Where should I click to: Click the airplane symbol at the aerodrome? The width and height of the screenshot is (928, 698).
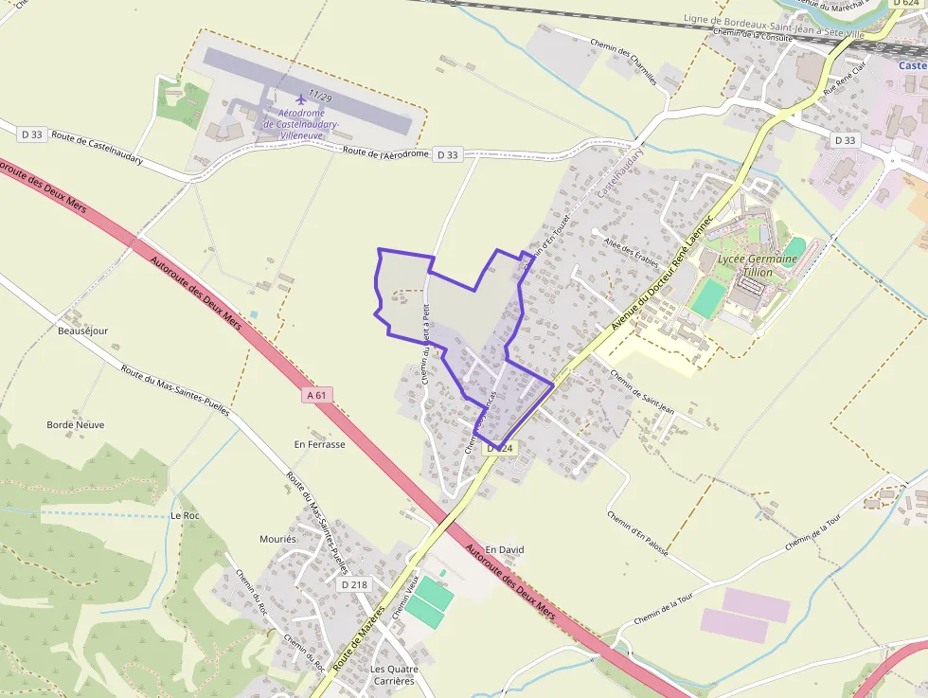tap(302, 98)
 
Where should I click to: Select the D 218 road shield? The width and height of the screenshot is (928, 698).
tap(353, 584)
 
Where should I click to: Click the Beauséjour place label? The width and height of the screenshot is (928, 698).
tap(83, 331)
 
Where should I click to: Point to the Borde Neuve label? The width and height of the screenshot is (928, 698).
tap(76, 425)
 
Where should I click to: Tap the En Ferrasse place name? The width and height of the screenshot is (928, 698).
tap(320, 444)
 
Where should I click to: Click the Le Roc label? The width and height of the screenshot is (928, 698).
tap(185, 516)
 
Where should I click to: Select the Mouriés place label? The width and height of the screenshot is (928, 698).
tap(278, 539)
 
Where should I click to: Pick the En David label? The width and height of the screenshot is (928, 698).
tap(505, 549)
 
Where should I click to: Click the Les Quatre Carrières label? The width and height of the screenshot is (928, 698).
tap(392, 675)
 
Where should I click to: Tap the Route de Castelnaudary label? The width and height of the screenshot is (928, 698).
tap(98, 146)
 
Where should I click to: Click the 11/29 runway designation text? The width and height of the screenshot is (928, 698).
tap(320, 98)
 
